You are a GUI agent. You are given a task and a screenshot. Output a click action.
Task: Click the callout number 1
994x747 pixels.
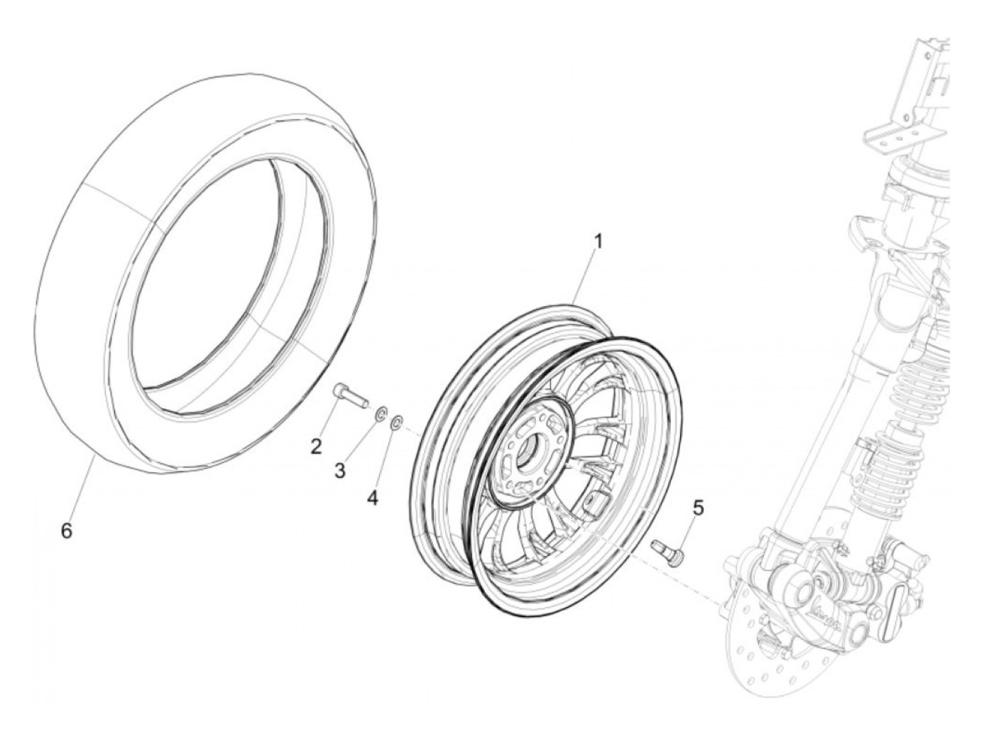click(599, 241)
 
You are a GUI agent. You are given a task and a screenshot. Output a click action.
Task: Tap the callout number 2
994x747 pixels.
click(317, 447)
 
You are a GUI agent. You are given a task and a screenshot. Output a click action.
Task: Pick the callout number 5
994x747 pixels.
click(698, 508)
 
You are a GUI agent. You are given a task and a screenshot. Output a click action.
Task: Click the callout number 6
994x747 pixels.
click(67, 530)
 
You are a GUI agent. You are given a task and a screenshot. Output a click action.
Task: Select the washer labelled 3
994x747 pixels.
click(381, 413)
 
